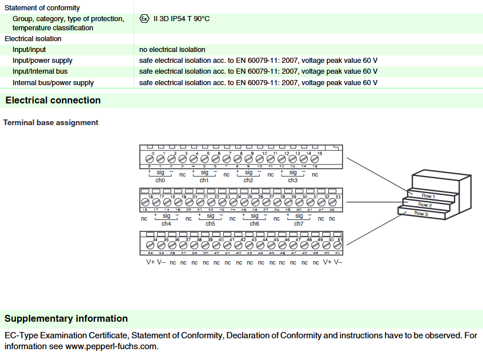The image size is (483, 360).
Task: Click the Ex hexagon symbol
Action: [x=144, y=19]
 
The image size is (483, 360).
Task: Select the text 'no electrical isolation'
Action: [x=172, y=50]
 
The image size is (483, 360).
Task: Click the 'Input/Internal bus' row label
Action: [x=40, y=71]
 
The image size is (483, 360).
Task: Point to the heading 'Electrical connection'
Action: [x=53, y=101]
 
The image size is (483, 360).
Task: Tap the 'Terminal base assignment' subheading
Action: [x=51, y=122]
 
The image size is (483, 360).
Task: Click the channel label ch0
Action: [x=160, y=180]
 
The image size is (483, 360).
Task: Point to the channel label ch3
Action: [x=292, y=180]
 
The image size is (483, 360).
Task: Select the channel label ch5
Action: [x=210, y=223]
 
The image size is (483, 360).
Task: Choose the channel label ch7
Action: [x=299, y=223]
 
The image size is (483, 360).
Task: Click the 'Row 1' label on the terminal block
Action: [x=429, y=196]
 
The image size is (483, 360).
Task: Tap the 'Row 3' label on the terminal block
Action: [x=421, y=213]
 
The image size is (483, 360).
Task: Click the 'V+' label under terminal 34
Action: [x=150, y=262]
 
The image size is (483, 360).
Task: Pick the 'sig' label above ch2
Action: [x=248, y=172]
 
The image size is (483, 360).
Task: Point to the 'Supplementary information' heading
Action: [x=66, y=319]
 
